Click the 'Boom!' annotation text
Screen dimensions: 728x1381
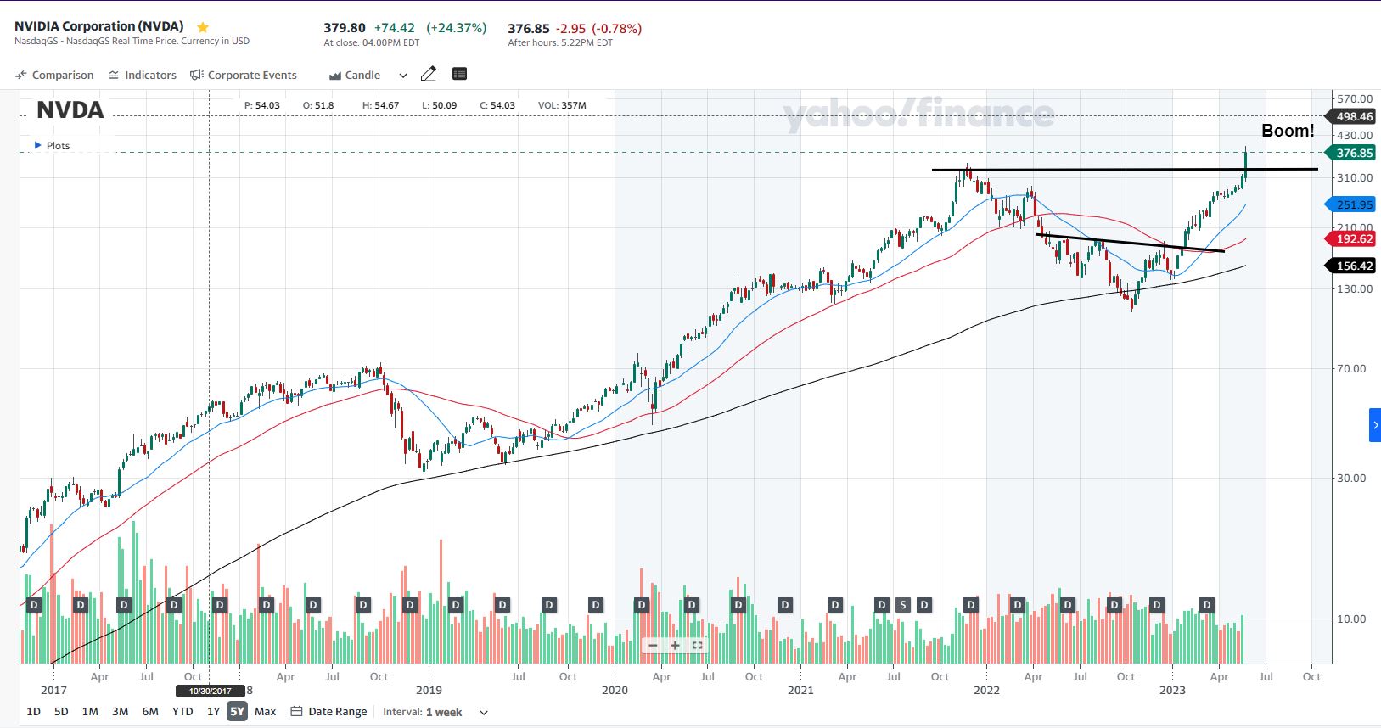tap(1287, 131)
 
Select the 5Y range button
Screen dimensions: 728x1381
tap(237, 711)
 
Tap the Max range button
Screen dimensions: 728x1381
tap(265, 711)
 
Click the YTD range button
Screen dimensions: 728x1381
tap(182, 711)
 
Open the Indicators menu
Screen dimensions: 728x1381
tap(143, 75)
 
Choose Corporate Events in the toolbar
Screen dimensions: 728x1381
tap(244, 75)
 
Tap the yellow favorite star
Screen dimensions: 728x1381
tap(203, 26)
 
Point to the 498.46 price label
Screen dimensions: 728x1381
tap(1354, 116)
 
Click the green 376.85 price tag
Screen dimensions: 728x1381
tap(1354, 153)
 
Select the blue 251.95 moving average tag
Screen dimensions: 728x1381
tap(1354, 204)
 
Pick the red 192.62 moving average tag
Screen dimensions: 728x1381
tap(1354, 238)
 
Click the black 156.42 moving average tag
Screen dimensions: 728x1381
tap(1354, 266)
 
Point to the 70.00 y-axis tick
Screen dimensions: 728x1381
tap(1352, 368)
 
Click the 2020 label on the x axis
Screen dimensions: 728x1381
tap(615, 690)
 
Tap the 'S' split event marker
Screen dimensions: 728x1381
tap(903, 605)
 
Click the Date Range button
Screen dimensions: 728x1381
tap(329, 711)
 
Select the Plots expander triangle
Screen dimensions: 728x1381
tap(37, 145)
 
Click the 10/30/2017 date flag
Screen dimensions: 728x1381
tap(210, 691)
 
